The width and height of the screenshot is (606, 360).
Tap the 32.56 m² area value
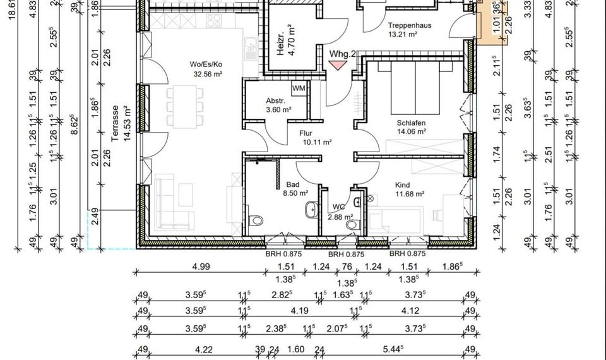tap(208, 73)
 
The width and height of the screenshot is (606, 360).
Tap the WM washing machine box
tap(299, 88)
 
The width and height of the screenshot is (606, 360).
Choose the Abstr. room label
tap(276, 100)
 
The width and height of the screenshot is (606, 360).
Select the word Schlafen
tap(411, 123)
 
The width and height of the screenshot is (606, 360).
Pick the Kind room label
tap(402, 185)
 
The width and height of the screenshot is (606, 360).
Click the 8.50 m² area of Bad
tap(295, 194)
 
